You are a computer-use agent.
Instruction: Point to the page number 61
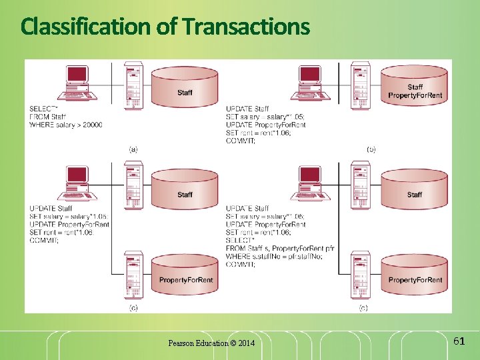click(458, 341)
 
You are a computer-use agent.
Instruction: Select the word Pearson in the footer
click(181, 343)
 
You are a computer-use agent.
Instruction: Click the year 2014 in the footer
click(246, 343)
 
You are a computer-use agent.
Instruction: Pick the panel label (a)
click(133, 149)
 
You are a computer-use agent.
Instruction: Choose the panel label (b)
click(371, 149)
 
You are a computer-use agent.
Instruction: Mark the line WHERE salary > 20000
click(65, 125)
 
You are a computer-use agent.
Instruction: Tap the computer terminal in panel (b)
click(309, 83)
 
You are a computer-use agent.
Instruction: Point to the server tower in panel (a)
click(133, 85)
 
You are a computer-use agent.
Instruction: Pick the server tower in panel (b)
click(361, 85)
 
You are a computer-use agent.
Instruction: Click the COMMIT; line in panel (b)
click(241, 141)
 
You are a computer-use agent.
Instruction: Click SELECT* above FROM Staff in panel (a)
click(43, 109)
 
